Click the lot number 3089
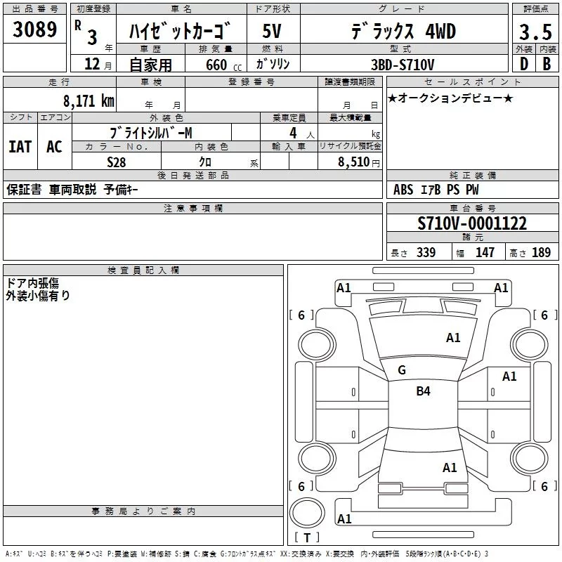(x=35, y=30)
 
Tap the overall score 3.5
(x=534, y=32)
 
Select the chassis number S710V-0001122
(x=471, y=224)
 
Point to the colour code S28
(x=117, y=162)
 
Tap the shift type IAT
(x=20, y=146)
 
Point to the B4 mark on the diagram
(x=423, y=391)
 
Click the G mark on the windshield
(x=402, y=370)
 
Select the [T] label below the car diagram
(x=306, y=538)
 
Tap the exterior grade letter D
(x=523, y=64)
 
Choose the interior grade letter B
(x=546, y=64)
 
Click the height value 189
(x=542, y=253)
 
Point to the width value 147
(x=485, y=253)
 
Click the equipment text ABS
(x=403, y=190)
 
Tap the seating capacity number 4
(x=292, y=132)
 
